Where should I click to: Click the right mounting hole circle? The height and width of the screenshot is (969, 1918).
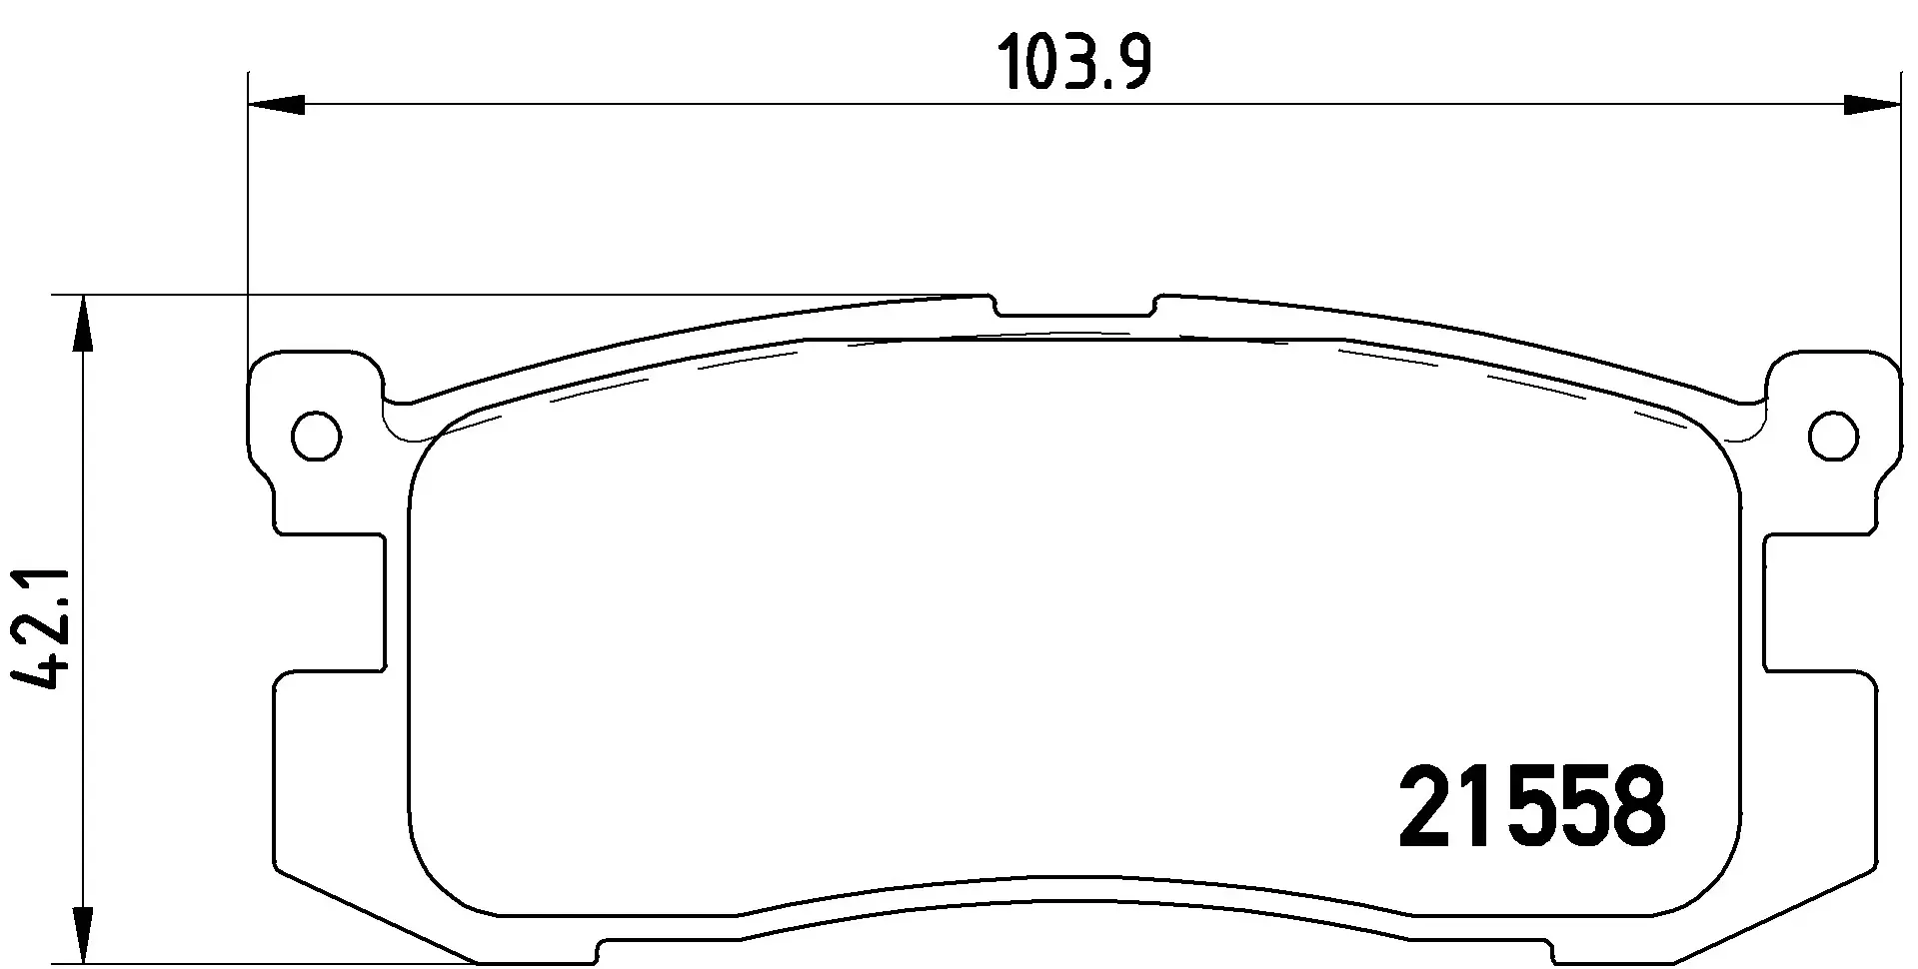pos(1834,437)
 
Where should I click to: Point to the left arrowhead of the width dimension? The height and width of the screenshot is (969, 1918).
pos(276,104)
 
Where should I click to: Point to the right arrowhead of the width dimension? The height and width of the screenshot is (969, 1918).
pos(1871,104)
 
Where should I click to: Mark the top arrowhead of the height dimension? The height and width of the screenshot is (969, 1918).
pos(85,324)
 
